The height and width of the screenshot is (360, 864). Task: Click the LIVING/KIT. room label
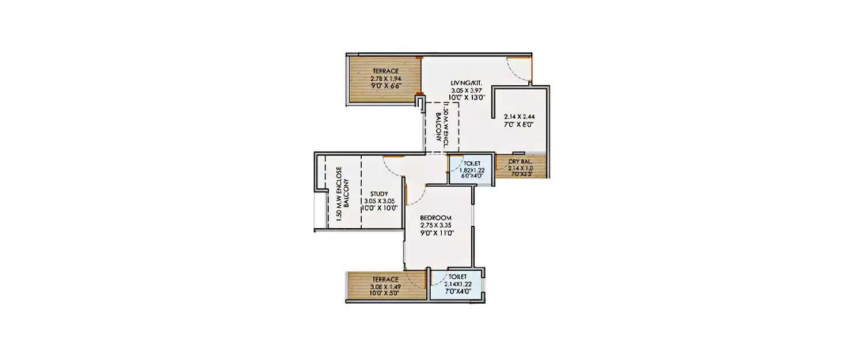coord(467,83)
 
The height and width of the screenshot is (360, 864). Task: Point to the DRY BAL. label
coord(521,161)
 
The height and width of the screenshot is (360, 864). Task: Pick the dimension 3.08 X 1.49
coord(386,286)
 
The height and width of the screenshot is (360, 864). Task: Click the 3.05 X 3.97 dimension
coord(467,90)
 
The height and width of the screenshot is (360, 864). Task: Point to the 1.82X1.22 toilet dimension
coord(472,170)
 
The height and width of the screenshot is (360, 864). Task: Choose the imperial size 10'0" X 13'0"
coord(467,98)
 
